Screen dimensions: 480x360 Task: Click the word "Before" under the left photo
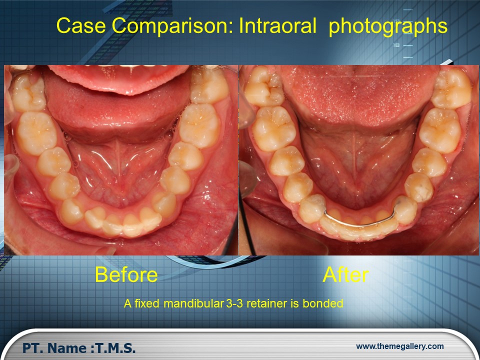point(126,274)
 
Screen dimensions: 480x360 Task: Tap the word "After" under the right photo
point(345,274)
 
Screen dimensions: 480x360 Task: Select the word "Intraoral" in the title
point(277,25)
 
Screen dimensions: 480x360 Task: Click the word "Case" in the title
point(81,25)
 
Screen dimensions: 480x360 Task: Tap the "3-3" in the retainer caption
point(235,303)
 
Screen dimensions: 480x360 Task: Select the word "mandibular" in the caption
point(193,303)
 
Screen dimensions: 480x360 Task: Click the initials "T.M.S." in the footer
point(115,348)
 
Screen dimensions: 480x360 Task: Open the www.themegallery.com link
point(400,346)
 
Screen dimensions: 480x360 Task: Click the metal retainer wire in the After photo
point(359,224)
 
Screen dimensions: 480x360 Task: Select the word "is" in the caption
point(295,303)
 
